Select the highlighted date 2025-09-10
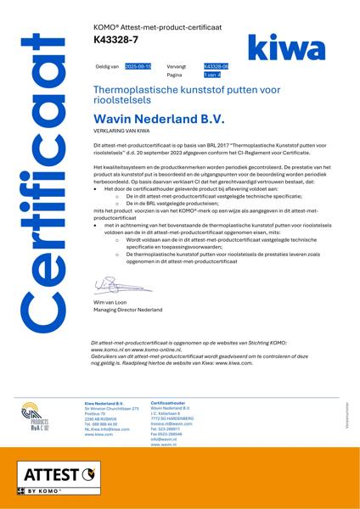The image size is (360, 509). [x=138, y=66]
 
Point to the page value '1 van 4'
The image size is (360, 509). [x=204, y=75]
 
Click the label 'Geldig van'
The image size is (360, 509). [x=107, y=66]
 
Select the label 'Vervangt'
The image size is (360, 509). [x=177, y=66]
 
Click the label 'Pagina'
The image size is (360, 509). [x=175, y=75]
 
